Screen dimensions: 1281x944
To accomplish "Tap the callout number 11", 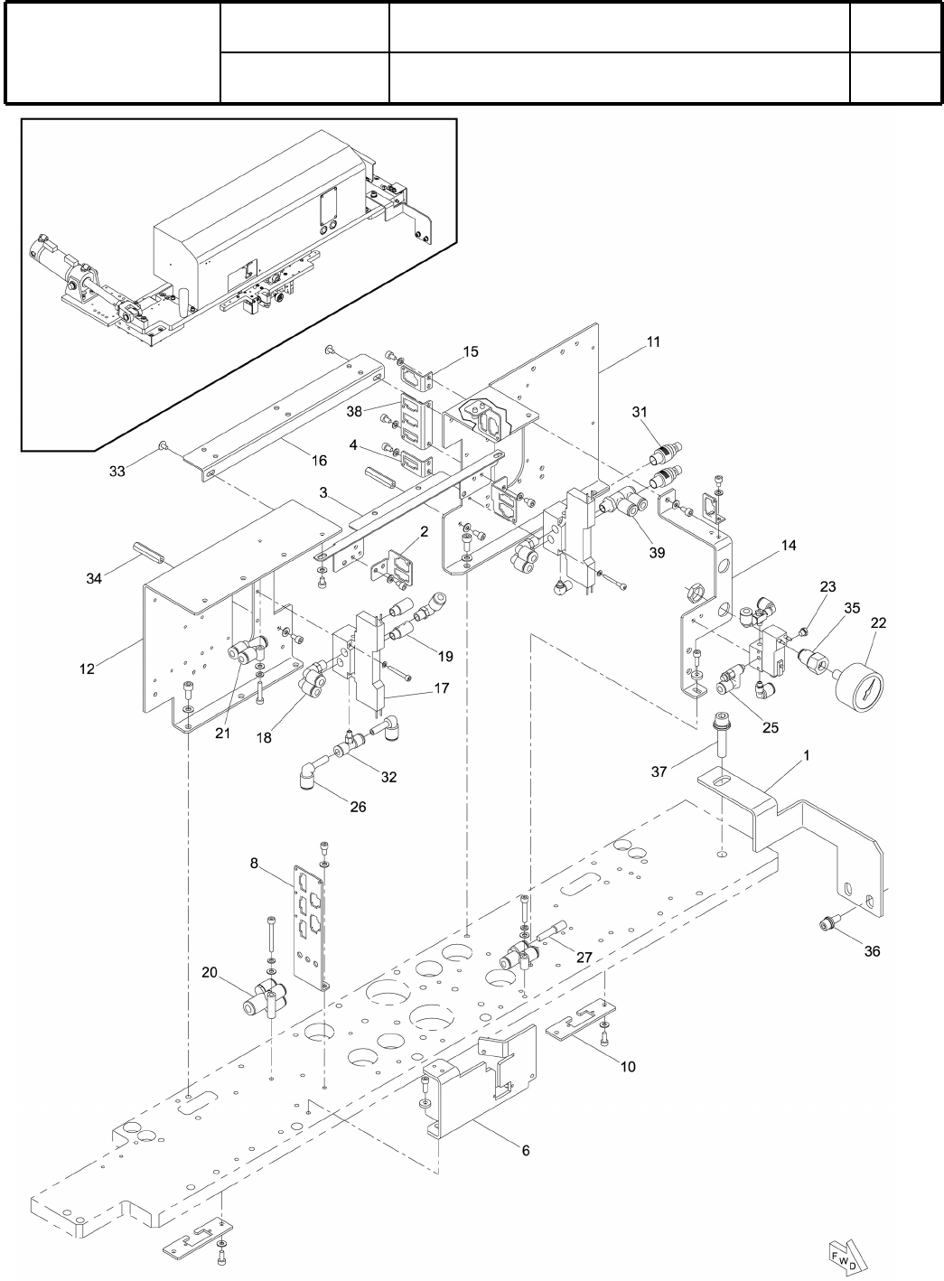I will (x=653, y=342).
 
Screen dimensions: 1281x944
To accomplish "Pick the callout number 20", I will (x=210, y=972).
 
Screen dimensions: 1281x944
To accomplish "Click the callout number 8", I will (x=256, y=864).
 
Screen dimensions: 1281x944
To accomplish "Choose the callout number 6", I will (x=526, y=1150).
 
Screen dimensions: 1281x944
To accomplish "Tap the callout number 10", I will (x=628, y=1067).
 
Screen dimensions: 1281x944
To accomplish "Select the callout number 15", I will (x=472, y=351).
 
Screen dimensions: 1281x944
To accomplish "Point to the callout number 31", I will (x=640, y=412).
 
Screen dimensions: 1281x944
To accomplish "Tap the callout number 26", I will (x=358, y=807).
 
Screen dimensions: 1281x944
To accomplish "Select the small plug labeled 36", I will (x=825, y=922).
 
